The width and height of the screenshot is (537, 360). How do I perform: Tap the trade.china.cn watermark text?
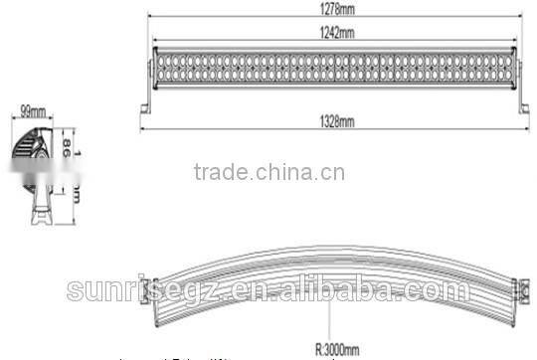[x=268, y=174]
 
